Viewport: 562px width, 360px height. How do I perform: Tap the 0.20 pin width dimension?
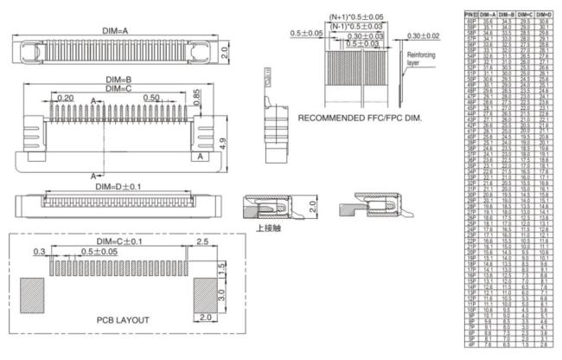point(65,99)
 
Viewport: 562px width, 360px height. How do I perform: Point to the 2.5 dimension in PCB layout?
point(201,241)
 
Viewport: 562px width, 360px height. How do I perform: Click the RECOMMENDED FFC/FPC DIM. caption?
point(358,116)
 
